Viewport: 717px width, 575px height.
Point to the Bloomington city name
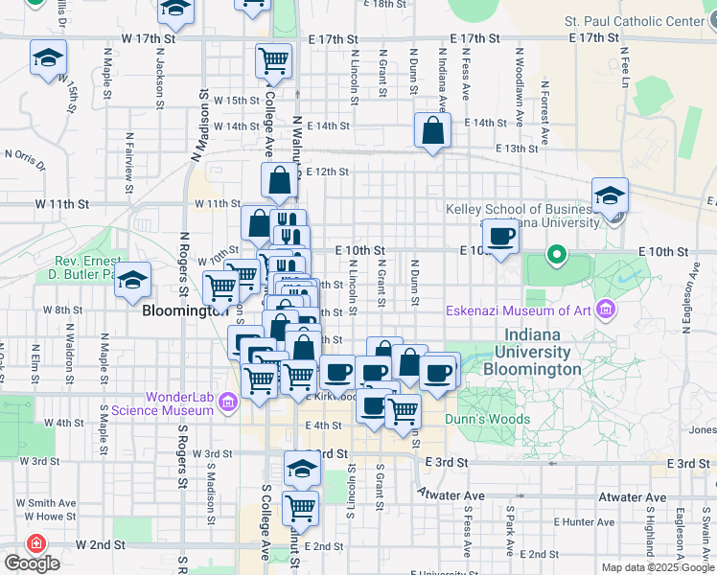pos(184,310)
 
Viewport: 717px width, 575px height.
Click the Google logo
pos(32,563)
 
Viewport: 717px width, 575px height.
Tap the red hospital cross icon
pos(36,543)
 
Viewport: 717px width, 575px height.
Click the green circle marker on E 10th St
pos(556,256)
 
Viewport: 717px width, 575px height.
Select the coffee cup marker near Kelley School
pos(499,236)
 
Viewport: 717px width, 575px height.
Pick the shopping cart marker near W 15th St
pos(274,60)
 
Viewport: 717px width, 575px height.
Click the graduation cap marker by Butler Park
pos(134,279)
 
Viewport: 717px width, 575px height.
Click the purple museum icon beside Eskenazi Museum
pos(604,310)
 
